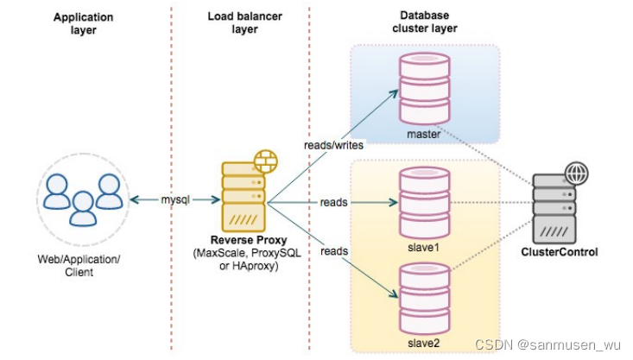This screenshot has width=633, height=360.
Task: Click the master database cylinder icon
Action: click(x=425, y=89)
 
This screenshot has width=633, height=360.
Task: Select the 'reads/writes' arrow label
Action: click(x=333, y=145)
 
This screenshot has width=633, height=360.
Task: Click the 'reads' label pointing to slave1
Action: click(x=333, y=202)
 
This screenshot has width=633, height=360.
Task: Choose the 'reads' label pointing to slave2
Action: click(x=333, y=250)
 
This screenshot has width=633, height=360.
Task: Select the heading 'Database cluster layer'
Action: click(x=428, y=22)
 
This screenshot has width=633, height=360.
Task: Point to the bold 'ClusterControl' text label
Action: click(x=560, y=252)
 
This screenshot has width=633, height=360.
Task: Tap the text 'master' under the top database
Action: click(x=424, y=134)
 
